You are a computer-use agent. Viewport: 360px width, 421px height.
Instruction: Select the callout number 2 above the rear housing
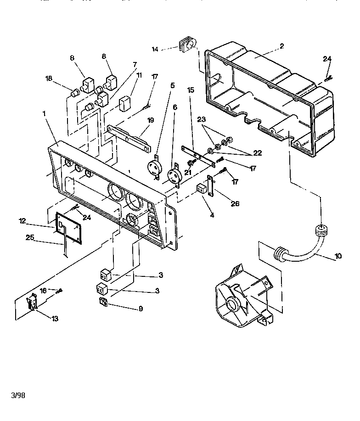281,46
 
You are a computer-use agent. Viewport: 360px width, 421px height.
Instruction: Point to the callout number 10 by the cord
338,256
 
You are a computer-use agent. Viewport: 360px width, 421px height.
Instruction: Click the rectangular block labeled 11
125,104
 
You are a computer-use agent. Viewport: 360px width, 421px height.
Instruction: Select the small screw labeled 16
59,290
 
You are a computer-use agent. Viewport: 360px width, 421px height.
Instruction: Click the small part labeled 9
103,302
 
